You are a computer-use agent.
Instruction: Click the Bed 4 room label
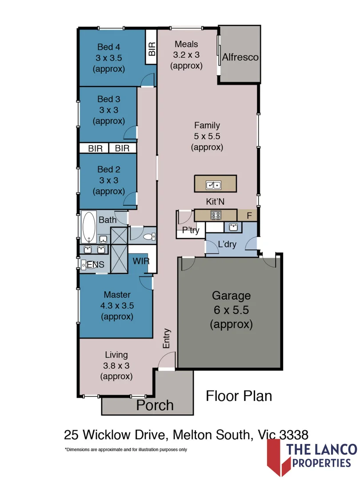tap(108, 47)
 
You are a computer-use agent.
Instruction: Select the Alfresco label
tap(240, 57)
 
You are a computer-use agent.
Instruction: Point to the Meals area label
tap(186, 44)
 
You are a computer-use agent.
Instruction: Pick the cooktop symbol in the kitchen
tap(216, 215)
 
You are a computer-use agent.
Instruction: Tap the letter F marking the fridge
tap(249, 216)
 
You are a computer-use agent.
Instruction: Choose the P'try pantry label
tap(191, 231)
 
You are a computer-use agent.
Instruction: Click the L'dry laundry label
tap(227, 244)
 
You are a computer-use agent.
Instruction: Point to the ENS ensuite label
tap(96, 265)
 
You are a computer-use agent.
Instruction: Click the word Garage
tap(231, 296)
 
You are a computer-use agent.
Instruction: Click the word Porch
tap(155, 405)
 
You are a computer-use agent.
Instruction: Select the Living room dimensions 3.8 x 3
tap(116, 365)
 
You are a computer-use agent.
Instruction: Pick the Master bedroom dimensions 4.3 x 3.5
tap(117, 306)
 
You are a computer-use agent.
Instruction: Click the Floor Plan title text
tap(239, 396)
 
